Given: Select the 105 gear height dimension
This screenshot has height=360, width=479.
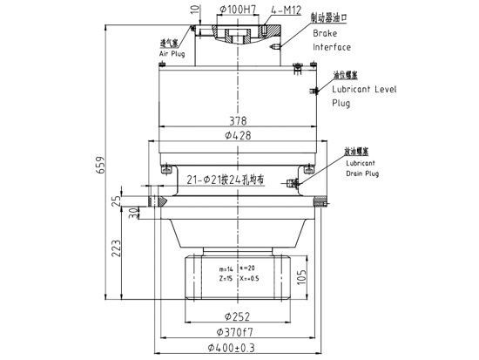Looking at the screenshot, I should click(x=300, y=277).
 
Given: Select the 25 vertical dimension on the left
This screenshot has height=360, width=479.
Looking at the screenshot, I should click(x=117, y=201).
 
